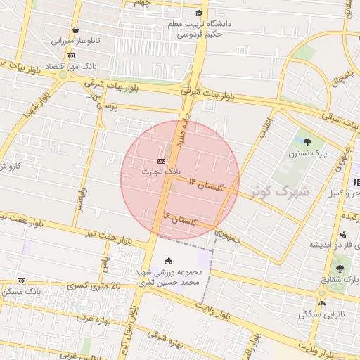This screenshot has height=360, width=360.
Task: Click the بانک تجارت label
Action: click(162, 171)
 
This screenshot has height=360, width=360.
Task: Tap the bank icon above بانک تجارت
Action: click(162, 161)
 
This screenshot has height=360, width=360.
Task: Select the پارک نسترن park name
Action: click(307, 153)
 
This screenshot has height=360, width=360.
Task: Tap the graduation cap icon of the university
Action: click(200, 13)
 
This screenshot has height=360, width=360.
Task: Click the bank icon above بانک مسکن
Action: click(21, 281)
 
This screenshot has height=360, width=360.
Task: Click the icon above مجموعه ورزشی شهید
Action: click(167, 263)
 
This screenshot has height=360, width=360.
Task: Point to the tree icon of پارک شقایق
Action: click(340, 269)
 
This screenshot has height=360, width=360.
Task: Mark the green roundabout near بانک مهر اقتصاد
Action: click(63, 74)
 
